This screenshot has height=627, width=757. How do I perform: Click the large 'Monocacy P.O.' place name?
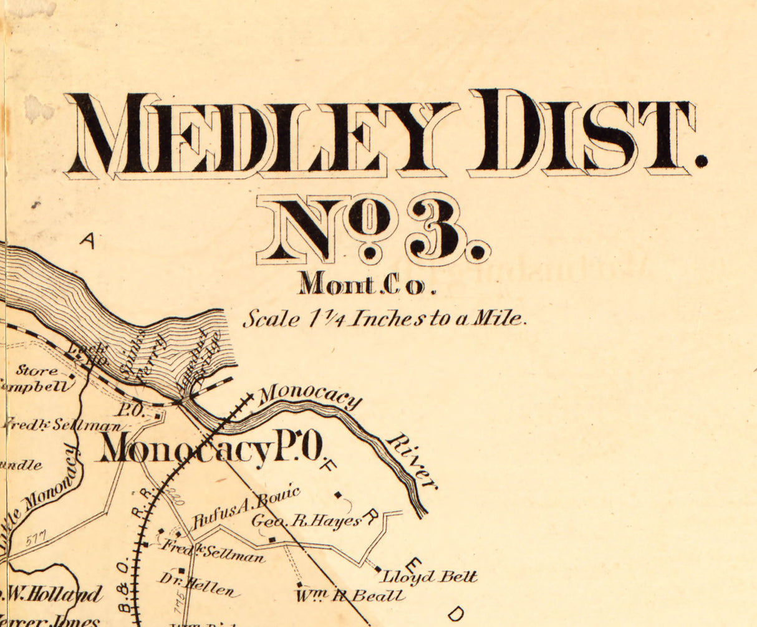coord(212,448)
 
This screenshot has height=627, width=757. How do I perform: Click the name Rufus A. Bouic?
coord(246,509)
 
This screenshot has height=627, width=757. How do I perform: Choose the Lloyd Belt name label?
coord(430,577)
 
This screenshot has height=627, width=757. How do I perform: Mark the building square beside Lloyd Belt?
coord(377,568)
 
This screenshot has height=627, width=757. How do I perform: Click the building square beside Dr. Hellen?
coord(181,570)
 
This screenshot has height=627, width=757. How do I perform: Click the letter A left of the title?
coord(87,241)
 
